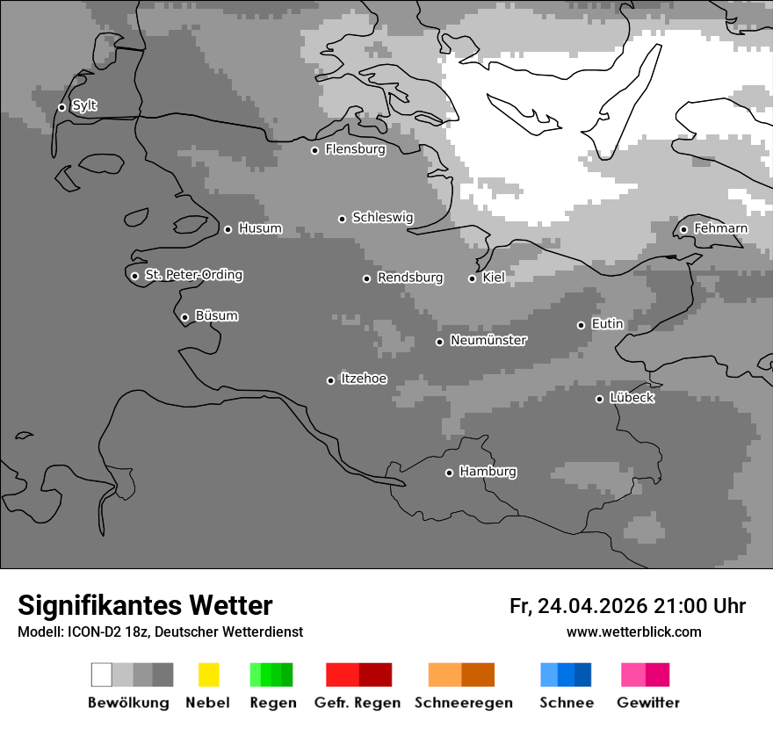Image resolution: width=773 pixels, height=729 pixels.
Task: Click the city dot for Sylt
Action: coord(61,107)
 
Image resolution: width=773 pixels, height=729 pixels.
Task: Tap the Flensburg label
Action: coord(355,149)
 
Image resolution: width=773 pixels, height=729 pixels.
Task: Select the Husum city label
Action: coord(260,228)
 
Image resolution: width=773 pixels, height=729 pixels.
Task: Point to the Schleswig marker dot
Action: coord(343,219)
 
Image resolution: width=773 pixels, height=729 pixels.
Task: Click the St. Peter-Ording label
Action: coord(193,275)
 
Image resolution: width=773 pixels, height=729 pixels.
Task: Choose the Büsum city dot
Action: coord(184,317)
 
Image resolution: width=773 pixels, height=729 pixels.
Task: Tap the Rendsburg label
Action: coord(409,278)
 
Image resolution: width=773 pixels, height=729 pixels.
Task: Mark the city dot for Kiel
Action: coord(472,278)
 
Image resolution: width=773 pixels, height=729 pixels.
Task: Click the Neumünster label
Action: coord(488,340)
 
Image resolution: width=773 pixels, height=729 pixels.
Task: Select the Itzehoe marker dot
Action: coord(330,380)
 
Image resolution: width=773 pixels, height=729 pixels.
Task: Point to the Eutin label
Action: coord(607,324)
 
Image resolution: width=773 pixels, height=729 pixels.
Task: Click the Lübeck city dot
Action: coord(599,399)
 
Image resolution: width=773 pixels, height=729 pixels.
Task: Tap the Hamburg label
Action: coord(488,472)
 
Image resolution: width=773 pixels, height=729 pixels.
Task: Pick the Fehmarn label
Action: coord(720,228)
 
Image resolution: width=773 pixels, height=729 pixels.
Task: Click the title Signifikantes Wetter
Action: coord(145,605)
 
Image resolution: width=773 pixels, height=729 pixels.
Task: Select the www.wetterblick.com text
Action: coord(633,632)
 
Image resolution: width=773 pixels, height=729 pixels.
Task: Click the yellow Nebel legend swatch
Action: coord(208,675)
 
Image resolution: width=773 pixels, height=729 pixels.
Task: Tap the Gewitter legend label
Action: coord(648,703)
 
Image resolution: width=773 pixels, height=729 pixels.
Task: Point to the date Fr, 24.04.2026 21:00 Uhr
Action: coord(627,606)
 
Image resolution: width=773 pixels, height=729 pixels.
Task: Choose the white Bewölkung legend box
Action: coord(102,675)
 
